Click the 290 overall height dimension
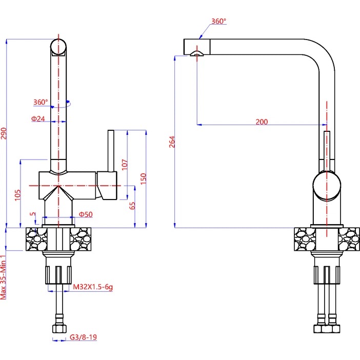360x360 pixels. click(x=4, y=133)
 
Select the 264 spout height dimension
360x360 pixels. click(x=172, y=142)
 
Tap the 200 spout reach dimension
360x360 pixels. click(x=262, y=122)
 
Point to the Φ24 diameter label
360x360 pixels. click(x=38, y=118)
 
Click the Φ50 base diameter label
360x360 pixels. click(x=86, y=214)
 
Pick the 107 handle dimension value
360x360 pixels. click(x=125, y=165)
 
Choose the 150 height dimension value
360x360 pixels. click(x=143, y=178)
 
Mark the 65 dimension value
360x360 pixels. click(x=132, y=206)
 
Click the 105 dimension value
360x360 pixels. click(x=17, y=195)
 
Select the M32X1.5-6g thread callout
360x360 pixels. click(x=93, y=287)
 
